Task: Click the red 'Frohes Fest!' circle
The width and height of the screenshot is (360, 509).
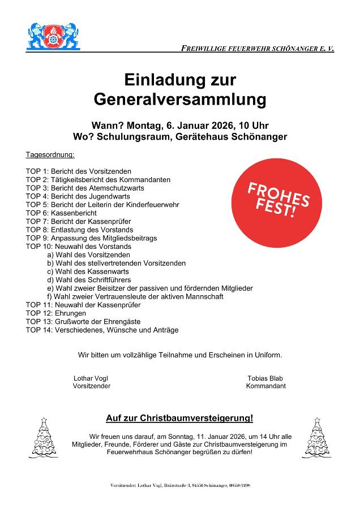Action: (278, 199)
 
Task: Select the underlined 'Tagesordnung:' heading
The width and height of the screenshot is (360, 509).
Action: (50, 154)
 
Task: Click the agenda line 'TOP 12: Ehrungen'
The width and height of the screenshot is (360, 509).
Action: (56, 313)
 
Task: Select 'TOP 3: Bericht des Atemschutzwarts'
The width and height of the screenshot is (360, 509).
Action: (85, 188)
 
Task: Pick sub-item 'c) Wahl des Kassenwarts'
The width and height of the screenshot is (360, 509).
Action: (88, 271)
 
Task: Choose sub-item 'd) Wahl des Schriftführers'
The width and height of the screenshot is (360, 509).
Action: (89, 280)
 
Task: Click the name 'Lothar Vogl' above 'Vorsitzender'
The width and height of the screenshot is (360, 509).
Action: (91, 378)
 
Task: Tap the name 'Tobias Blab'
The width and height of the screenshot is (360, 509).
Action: (265, 378)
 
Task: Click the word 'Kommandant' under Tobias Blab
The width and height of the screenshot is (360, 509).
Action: (265, 386)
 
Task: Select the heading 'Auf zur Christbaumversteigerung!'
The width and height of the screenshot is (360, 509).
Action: (179, 419)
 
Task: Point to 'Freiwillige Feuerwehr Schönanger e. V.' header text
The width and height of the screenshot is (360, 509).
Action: (258, 49)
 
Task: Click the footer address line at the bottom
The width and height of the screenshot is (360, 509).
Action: (180, 486)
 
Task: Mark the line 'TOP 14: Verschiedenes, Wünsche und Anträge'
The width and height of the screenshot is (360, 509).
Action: (102, 330)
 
